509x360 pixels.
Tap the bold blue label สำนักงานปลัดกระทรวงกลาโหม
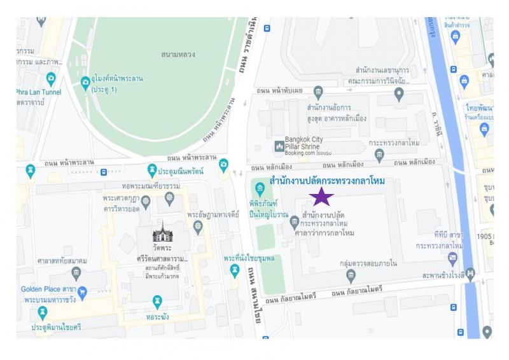pos(327,181)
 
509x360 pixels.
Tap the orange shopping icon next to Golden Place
pos(82,290)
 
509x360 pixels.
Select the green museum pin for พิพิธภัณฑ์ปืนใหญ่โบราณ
pos(260,188)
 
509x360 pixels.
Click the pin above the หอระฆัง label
pos(158,301)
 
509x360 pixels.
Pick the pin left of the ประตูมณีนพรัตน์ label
pos(151,169)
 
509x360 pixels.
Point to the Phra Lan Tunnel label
pos(38,92)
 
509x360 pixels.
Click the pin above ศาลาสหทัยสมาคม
pos(76,273)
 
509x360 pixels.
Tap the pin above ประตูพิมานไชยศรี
pos(43,312)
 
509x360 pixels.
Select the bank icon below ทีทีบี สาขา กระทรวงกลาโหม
pos(452,259)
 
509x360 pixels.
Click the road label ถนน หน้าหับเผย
pos(279,91)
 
